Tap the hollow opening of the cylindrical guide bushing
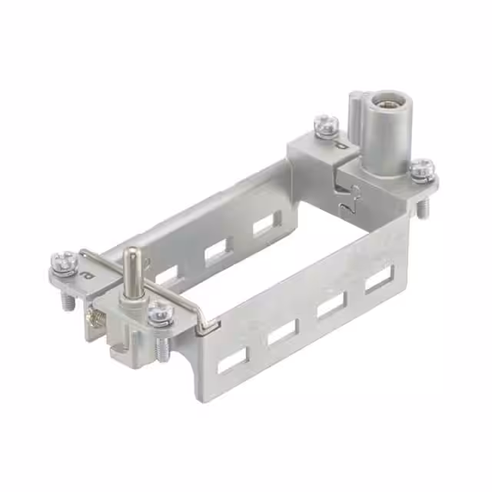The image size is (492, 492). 381,102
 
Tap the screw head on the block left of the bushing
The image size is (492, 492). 326,122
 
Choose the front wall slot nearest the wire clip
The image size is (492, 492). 232,361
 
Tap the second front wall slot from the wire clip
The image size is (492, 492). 283,332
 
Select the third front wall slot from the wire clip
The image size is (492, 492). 332,305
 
